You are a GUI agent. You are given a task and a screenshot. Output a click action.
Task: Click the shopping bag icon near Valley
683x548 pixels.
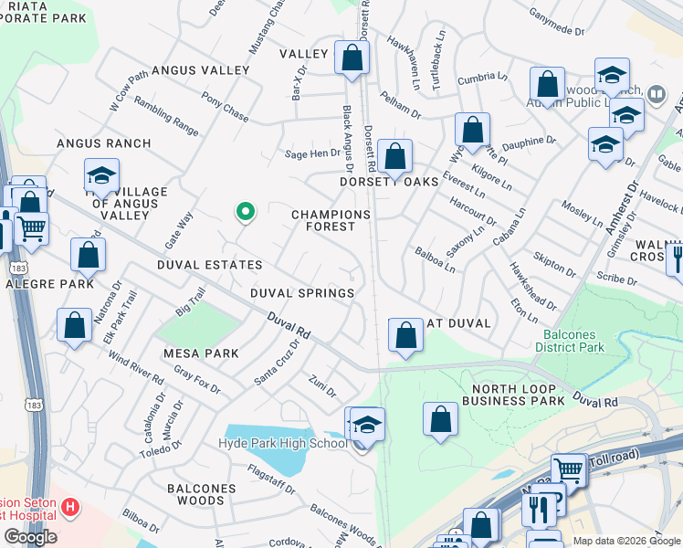pyautogui.click(x=352, y=58)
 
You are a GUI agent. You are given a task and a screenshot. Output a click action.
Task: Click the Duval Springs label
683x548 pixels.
pyautogui.click(x=303, y=293)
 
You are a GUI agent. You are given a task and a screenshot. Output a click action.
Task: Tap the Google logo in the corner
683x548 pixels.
pyautogui.click(x=30, y=537)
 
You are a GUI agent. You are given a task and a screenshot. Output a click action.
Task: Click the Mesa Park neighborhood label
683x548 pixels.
pyautogui.click(x=201, y=353)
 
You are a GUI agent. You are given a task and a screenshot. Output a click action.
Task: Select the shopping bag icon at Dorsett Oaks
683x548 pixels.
pyautogui.click(x=395, y=157)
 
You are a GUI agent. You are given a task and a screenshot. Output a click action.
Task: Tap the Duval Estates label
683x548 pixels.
pyautogui.click(x=209, y=265)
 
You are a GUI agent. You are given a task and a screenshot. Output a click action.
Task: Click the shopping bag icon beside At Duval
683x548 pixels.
pyautogui.click(x=405, y=335)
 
